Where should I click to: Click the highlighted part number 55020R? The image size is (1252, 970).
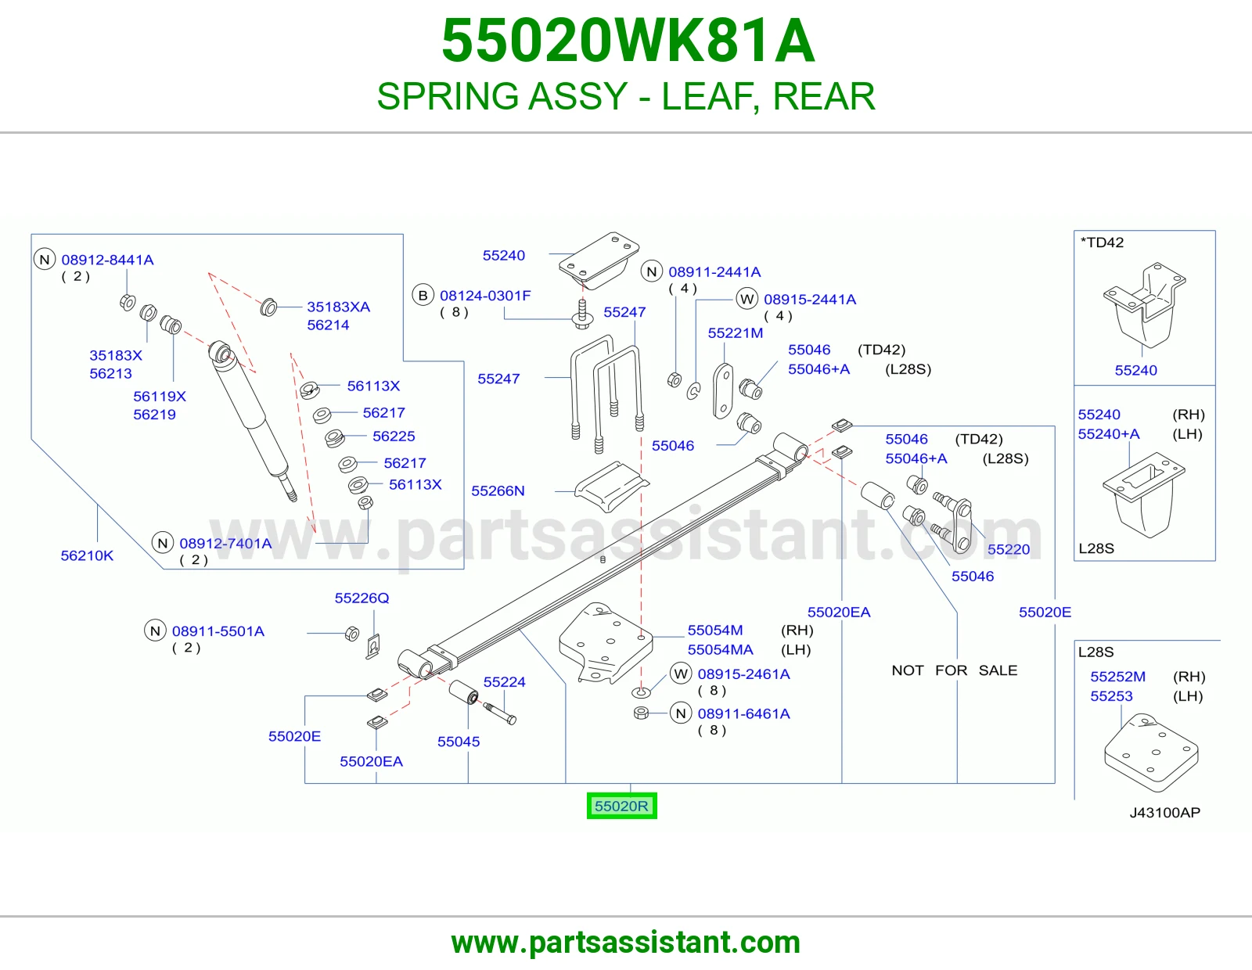pyautogui.click(x=621, y=806)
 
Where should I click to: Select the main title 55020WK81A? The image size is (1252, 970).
pyautogui.click(x=628, y=41)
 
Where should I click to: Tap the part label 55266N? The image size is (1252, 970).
pyautogui.click(x=498, y=490)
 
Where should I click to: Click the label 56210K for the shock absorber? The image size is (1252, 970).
pyautogui.click(x=87, y=555)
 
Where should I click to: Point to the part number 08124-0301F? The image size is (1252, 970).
pyautogui.click(x=485, y=296)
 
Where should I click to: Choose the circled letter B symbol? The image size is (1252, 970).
pyautogui.click(x=423, y=296)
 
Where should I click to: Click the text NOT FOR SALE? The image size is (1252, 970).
pyautogui.click(x=954, y=670)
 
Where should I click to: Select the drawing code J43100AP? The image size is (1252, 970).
pyautogui.click(x=1164, y=813)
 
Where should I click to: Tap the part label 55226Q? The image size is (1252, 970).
pyautogui.click(x=362, y=598)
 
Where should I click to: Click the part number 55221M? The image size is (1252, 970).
pyautogui.click(x=736, y=333)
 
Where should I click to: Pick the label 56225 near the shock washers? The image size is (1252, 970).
pyautogui.click(x=394, y=436)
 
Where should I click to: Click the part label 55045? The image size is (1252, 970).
pyautogui.click(x=458, y=742)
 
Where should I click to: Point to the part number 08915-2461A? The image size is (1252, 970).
pyautogui.click(x=743, y=674)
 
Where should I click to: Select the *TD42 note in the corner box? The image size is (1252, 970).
pyautogui.click(x=1102, y=242)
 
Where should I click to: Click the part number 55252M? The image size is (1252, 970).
pyautogui.click(x=1117, y=677)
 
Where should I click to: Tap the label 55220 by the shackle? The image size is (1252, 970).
pyautogui.click(x=1009, y=549)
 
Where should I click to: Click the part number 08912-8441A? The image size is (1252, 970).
pyautogui.click(x=107, y=260)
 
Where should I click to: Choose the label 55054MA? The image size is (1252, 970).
pyautogui.click(x=720, y=650)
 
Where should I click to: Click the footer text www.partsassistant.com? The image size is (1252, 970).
pyautogui.click(x=626, y=943)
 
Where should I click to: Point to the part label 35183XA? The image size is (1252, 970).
pyautogui.click(x=338, y=307)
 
